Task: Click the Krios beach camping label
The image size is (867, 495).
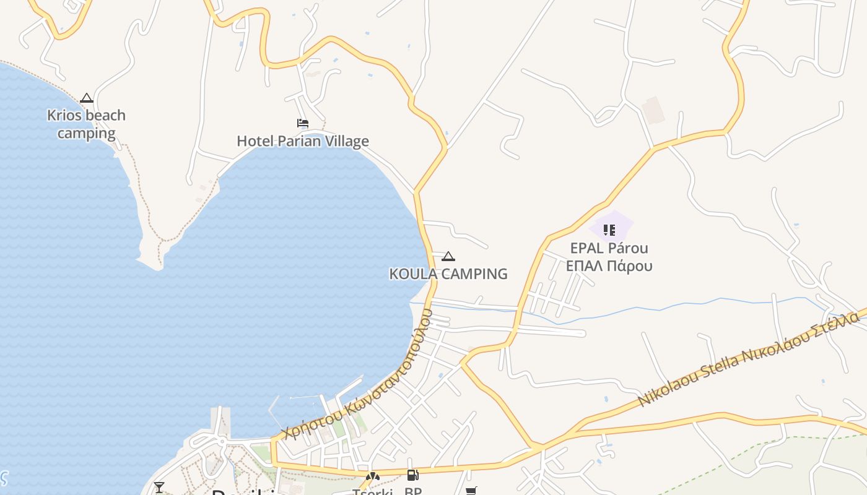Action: [x=86, y=124]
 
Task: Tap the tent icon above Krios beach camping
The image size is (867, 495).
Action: [x=86, y=98]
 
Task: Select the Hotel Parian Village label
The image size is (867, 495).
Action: [x=303, y=141]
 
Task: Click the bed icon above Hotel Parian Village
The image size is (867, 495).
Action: [x=303, y=123]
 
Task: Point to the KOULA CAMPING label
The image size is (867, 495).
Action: [x=448, y=273]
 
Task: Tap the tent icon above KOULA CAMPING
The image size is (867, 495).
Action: [x=448, y=256]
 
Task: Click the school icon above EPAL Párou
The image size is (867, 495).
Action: [x=609, y=230]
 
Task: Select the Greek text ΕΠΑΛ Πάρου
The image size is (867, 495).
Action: [x=609, y=266]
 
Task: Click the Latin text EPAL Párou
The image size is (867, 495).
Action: [x=609, y=248]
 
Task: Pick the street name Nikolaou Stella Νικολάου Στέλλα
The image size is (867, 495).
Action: [x=749, y=359]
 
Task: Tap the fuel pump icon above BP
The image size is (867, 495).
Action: [x=412, y=475]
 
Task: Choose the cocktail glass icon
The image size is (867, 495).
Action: [x=159, y=488]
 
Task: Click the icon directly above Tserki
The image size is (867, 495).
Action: [x=372, y=476]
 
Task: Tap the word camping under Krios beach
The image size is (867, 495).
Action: [x=86, y=133]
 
